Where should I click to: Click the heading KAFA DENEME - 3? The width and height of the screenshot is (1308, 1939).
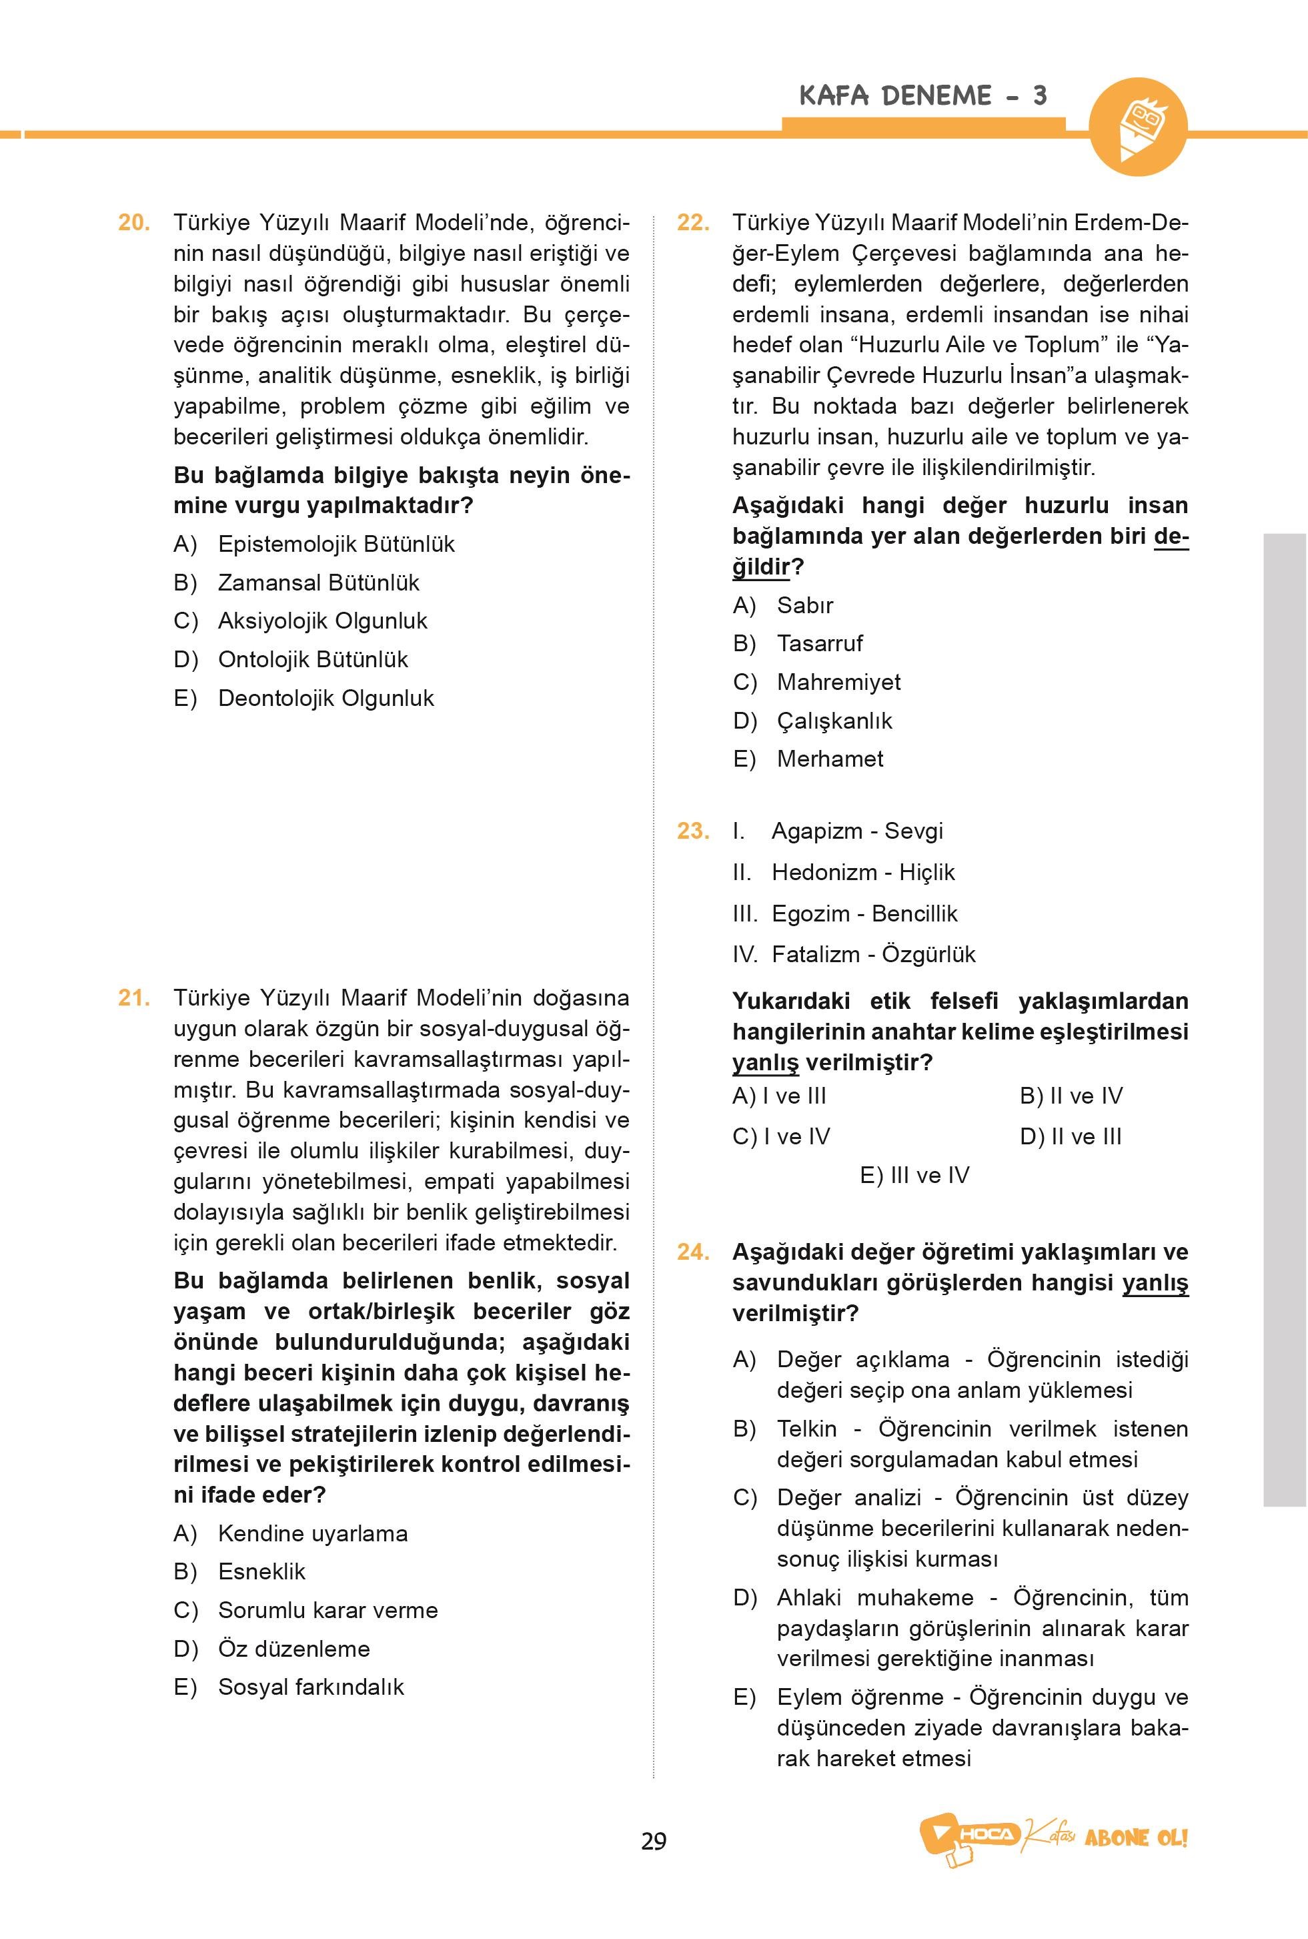click(x=922, y=96)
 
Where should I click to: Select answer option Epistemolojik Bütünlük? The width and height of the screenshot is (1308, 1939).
click(x=336, y=544)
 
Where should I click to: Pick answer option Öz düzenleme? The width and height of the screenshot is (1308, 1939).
click(x=293, y=1649)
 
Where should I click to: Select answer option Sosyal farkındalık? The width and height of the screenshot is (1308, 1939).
click(x=310, y=1687)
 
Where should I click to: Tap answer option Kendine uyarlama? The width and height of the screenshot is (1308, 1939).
click(x=313, y=1533)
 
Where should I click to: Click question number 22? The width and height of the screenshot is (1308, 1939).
click(x=693, y=223)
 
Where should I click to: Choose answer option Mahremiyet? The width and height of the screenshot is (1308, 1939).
click(x=838, y=682)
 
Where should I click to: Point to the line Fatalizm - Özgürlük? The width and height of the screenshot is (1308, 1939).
click(x=872, y=953)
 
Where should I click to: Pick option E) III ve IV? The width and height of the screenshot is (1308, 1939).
click(x=914, y=1175)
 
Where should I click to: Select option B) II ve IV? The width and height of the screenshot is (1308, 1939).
click(x=1071, y=1096)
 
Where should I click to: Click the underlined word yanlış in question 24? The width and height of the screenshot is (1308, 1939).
click(x=1155, y=1282)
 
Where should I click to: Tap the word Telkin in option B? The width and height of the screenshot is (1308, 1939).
click(x=806, y=1429)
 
